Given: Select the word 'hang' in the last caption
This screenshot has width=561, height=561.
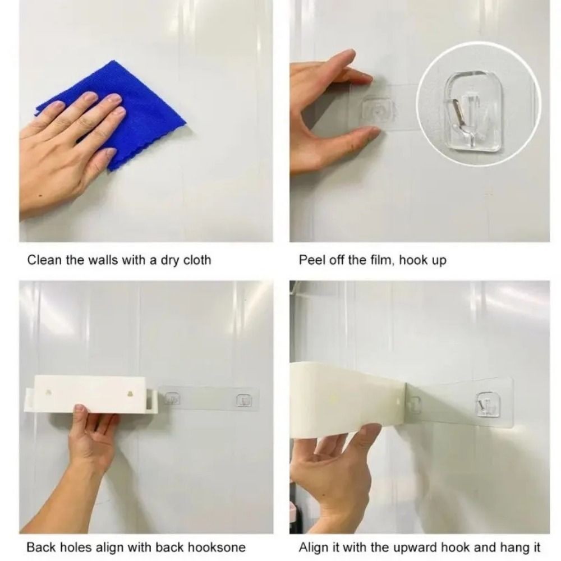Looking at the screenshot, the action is pos(509,548).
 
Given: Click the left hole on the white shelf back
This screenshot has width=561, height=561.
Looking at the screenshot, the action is pos(49,393).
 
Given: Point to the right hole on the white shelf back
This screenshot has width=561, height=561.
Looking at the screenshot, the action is pos(131,394).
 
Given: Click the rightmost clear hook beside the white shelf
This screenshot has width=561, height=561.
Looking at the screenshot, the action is pos(244,401).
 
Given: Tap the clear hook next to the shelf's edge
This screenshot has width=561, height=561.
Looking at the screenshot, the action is pos(172,399).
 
